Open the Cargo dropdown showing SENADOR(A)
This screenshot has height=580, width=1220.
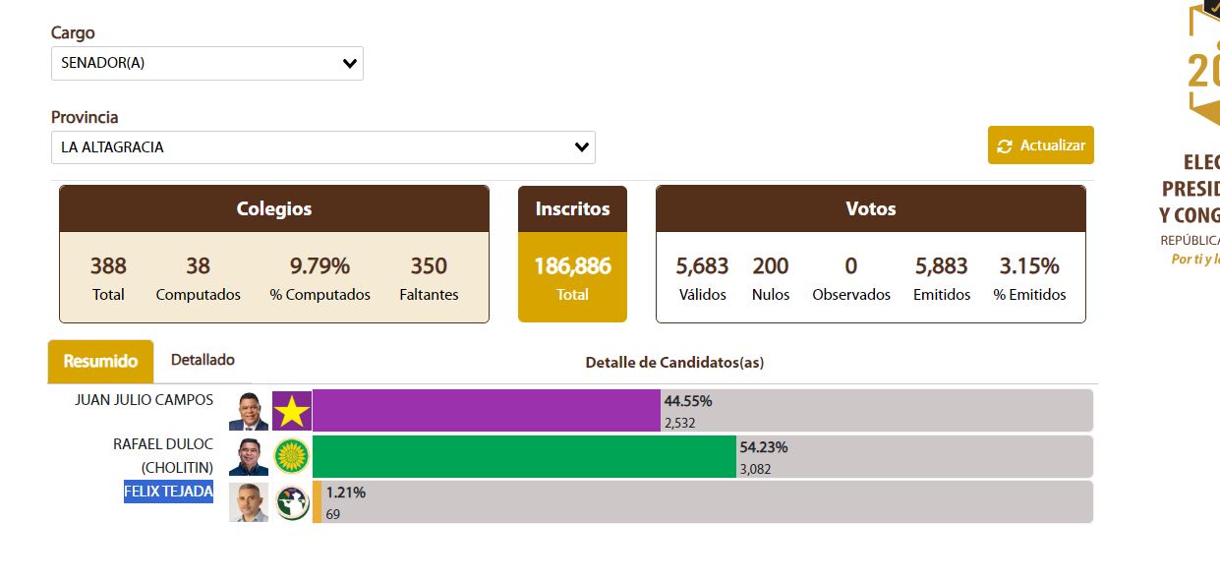pyautogui.click(x=206, y=64)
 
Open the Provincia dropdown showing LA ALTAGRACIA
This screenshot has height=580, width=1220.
pyautogui.click(x=322, y=147)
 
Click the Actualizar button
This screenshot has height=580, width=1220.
pyautogui.click(x=1041, y=145)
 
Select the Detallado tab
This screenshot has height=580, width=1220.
pyautogui.click(x=203, y=360)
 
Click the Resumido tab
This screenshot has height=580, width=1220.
pyautogui.click(x=100, y=362)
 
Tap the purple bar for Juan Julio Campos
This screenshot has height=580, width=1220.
pyautogui.click(x=486, y=410)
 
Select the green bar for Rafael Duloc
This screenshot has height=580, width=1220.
pyautogui.click(x=524, y=456)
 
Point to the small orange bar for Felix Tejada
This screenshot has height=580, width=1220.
pyautogui.click(x=317, y=501)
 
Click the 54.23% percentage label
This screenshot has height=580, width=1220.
pyautogui.click(x=764, y=447)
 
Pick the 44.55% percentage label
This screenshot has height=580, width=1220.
pyautogui.click(x=688, y=401)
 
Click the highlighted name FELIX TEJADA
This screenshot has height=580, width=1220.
pyautogui.click(x=168, y=492)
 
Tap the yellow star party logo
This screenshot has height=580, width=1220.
pyautogui.click(x=292, y=411)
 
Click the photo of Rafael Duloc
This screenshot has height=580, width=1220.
pyautogui.click(x=249, y=456)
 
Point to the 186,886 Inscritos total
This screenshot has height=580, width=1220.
pyautogui.click(x=572, y=266)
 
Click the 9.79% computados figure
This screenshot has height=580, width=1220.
pyautogui.click(x=320, y=266)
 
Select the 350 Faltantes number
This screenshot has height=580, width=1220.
pyautogui.click(x=429, y=266)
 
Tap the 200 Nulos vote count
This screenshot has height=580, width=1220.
pyautogui.click(x=771, y=266)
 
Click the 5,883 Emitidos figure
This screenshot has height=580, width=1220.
pyautogui.click(x=941, y=266)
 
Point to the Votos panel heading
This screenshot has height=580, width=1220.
pyautogui.click(x=870, y=209)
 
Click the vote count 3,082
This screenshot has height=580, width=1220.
pyautogui.click(x=755, y=469)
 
